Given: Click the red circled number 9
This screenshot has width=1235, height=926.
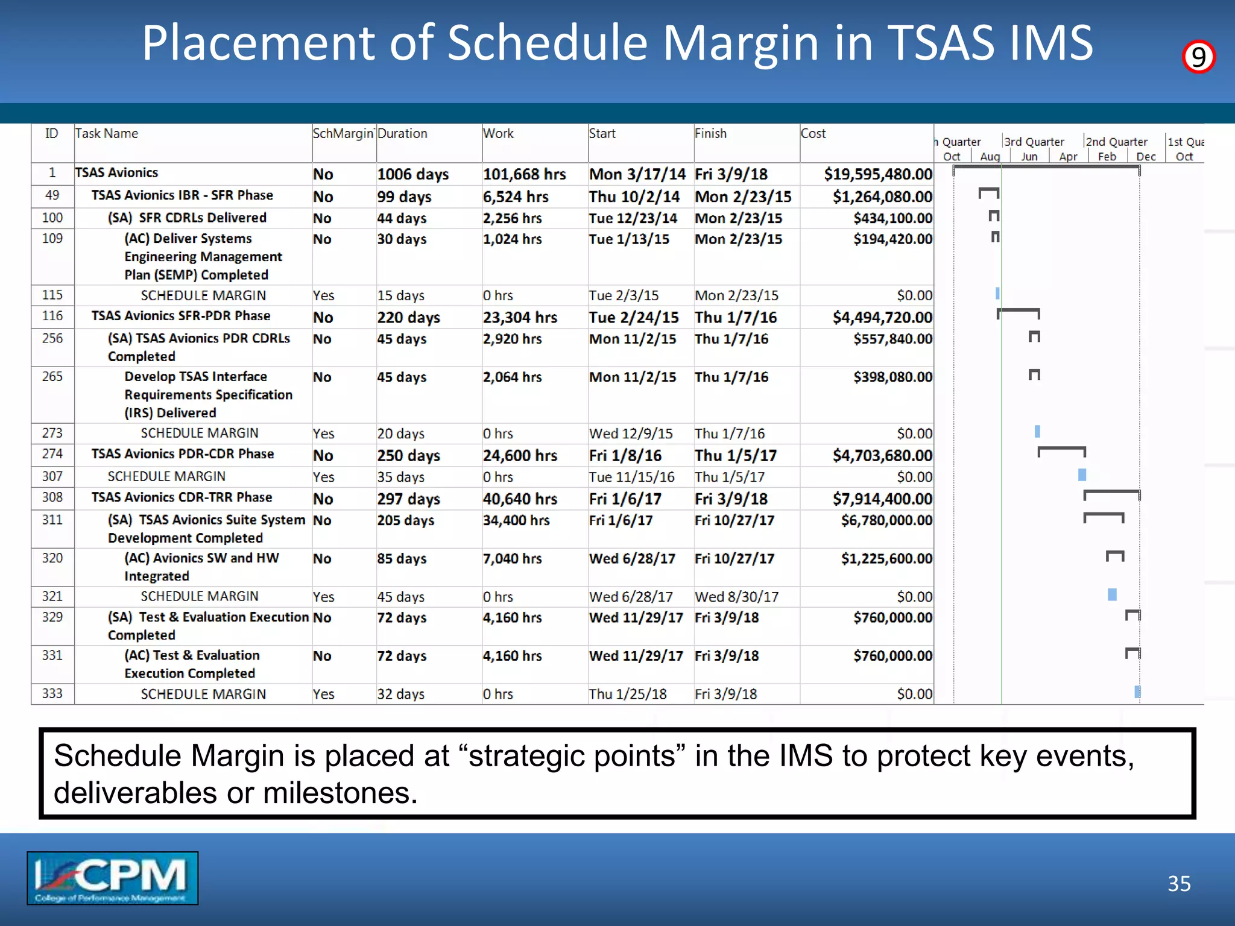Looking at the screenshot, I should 1198,57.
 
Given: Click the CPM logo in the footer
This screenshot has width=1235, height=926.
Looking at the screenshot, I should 112,878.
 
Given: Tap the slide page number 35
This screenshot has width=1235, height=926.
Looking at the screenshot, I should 1179,884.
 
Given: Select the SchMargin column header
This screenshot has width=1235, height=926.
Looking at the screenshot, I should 343,134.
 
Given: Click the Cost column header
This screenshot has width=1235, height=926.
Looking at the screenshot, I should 813,134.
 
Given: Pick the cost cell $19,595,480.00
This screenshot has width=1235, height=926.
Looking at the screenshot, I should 878,174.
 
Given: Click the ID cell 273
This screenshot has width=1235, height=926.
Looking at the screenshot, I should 52,433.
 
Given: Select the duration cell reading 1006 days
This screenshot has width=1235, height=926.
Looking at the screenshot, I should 413,174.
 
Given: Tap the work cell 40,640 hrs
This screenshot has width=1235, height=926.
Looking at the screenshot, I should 520,499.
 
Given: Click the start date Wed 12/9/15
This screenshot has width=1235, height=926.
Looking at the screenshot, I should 631,433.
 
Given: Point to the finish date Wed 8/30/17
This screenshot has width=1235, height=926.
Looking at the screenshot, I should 736,597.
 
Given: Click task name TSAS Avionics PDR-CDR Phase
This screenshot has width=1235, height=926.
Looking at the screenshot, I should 183,454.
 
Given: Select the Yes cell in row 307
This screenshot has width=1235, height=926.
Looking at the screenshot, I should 324,477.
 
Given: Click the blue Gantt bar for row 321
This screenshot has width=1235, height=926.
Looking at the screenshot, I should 1112,595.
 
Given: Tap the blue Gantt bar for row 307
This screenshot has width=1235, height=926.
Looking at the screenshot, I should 1082,475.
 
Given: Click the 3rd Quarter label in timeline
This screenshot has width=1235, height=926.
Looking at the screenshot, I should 1034,142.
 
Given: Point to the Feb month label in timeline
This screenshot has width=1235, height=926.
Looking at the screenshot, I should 1107,157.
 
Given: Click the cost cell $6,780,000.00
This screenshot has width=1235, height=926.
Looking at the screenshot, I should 886,520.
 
